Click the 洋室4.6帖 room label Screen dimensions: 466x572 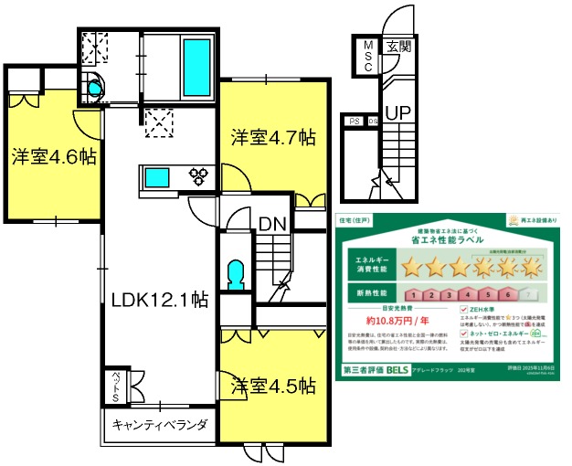(54, 155)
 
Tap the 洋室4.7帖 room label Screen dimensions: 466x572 (272, 139)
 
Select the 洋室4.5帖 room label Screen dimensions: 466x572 (272, 385)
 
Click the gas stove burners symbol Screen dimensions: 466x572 (200, 175)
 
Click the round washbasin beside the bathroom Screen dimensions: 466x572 (93, 89)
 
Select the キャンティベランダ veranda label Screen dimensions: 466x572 (160, 425)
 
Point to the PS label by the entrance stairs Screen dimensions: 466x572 (354, 121)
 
